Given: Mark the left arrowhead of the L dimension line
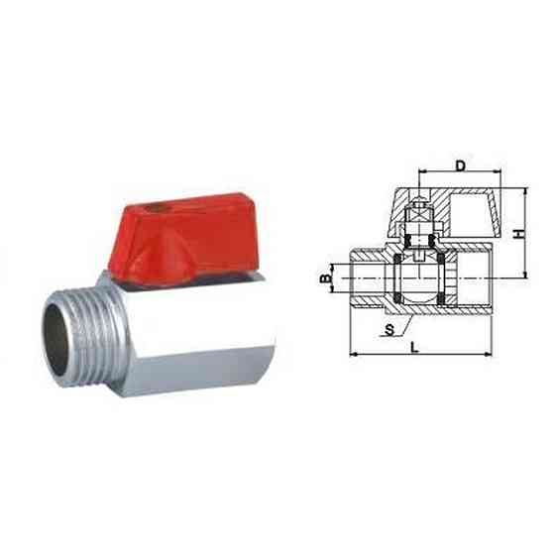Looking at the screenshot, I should click(x=353, y=353).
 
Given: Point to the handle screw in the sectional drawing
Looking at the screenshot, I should click(x=419, y=211).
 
